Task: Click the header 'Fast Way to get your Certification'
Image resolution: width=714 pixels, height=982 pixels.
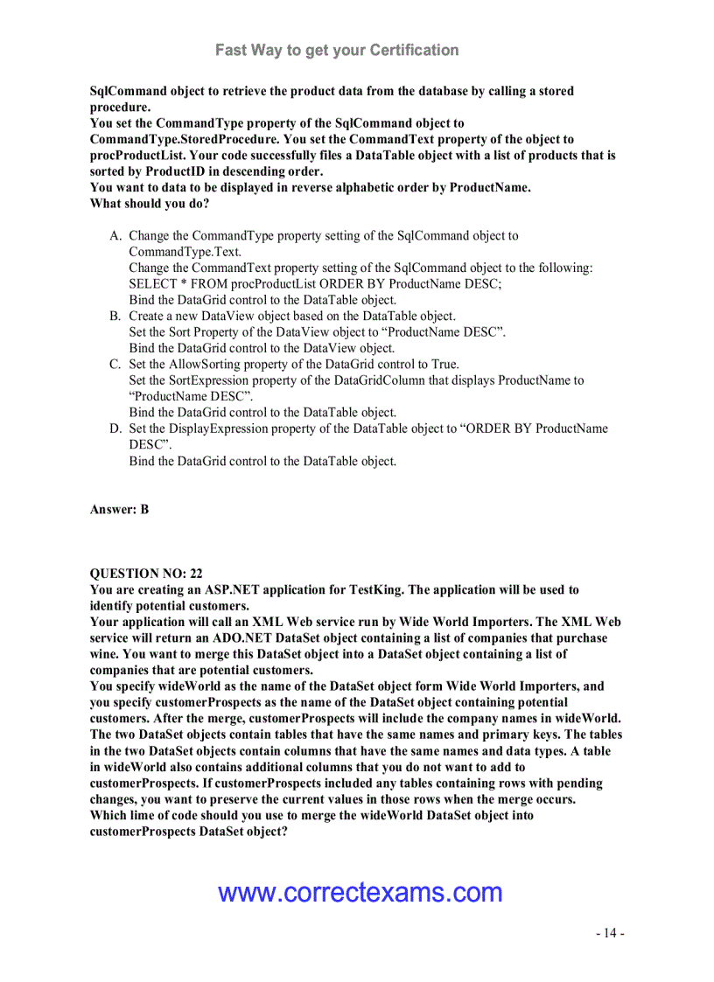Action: tap(337, 50)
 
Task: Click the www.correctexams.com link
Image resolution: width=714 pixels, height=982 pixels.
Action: tap(360, 892)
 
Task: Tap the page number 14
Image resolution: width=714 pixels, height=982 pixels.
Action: tap(610, 933)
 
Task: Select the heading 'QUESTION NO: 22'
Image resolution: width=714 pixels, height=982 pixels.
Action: tap(146, 574)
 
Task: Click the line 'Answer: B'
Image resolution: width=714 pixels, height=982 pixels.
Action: tap(119, 509)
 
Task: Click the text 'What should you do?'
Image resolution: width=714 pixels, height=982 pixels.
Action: tap(150, 204)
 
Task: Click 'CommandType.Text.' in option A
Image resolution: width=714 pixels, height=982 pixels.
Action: tap(185, 252)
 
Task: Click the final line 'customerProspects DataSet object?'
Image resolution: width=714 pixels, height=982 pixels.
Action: tap(189, 832)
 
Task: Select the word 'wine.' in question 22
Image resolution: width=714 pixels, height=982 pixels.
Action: tap(104, 654)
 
